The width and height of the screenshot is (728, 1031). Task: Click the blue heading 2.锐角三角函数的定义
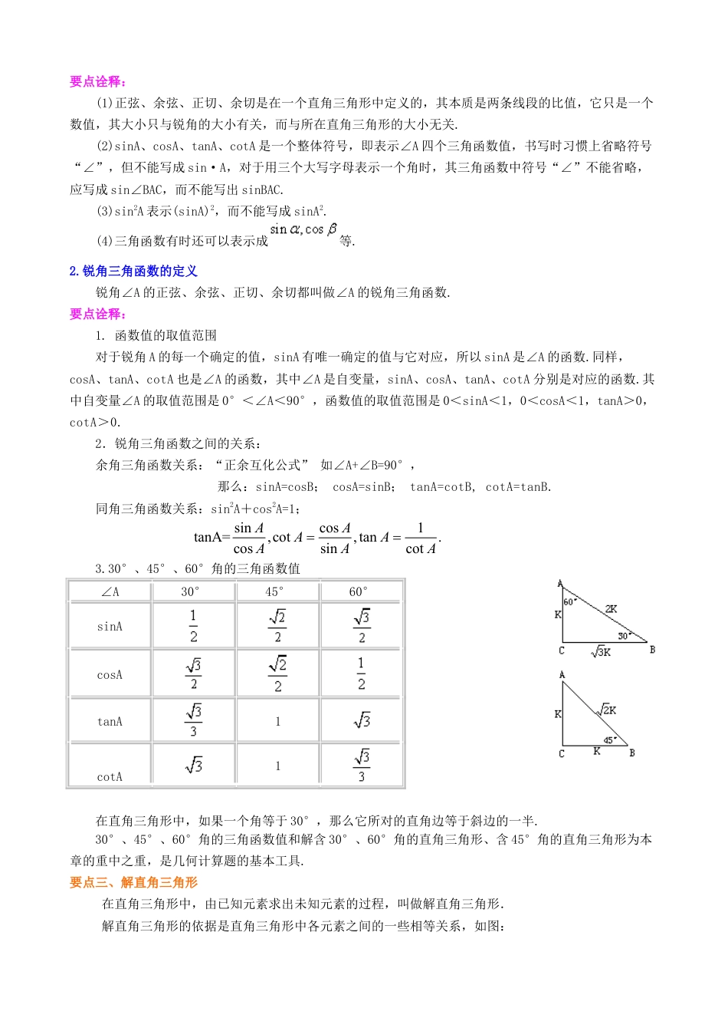133,271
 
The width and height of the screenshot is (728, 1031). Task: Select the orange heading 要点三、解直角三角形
133,882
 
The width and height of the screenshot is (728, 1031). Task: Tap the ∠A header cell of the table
110,591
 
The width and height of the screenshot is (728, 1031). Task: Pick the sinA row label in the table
110,627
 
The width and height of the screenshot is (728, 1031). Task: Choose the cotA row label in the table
110,777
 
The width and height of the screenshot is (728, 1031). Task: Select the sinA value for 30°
193,626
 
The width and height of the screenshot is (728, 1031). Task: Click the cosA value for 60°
361,674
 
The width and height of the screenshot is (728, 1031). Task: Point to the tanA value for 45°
277,721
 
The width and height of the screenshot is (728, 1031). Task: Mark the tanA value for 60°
361,720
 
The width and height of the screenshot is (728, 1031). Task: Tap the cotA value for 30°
193,765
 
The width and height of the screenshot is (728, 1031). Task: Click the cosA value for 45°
277,674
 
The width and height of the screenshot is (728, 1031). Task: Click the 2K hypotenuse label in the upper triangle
611,609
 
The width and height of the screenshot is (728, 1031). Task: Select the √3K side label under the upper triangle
601,652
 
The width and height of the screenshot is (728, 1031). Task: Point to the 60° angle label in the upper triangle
569,602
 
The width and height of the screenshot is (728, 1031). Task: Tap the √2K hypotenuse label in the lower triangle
607,710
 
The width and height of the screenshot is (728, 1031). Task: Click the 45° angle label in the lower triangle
609,740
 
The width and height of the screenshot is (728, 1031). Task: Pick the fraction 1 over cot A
421,538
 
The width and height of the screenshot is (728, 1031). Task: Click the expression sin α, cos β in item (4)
303,229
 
